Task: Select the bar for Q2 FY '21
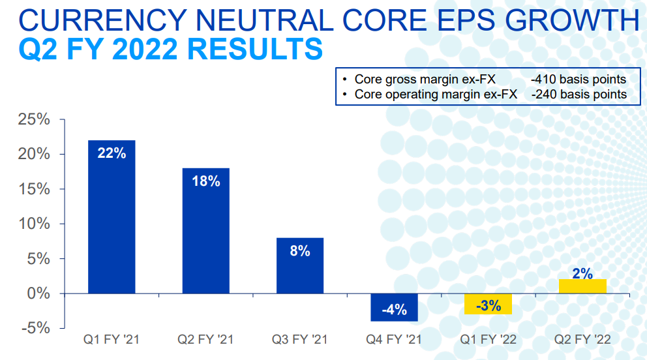205,231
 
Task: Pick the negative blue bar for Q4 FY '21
394,307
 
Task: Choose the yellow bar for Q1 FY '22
488,304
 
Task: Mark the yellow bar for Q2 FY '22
582,286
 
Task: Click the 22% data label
112,153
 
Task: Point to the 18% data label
205,181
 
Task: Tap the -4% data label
394,309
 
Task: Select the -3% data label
488,305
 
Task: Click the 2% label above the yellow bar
582,274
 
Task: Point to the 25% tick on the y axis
33,120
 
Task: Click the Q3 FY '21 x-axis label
299,340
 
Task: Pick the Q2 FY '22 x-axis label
582,340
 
